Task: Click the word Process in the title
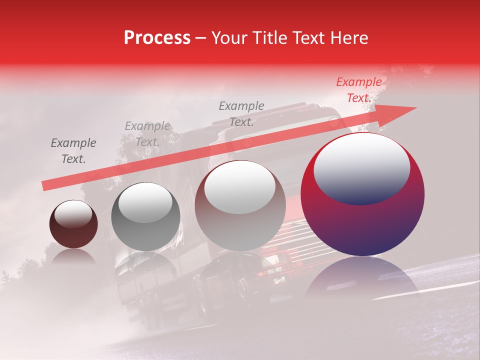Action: (x=157, y=38)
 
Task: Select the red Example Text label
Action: (x=358, y=90)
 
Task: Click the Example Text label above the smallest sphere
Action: (x=73, y=151)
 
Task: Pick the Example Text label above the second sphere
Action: (x=147, y=134)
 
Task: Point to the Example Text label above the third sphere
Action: (x=241, y=114)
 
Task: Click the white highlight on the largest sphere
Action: (x=362, y=167)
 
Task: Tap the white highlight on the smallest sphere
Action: (x=73, y=214)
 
